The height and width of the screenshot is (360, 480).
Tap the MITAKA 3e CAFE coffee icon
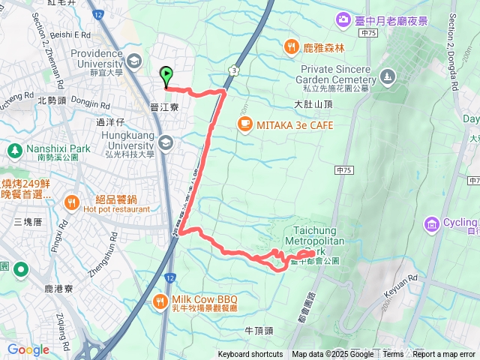coord(244,124)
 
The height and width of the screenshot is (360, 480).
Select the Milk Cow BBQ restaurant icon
coord(160,301)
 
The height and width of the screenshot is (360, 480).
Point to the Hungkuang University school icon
coord(166,142)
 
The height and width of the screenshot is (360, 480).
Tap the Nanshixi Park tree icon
coord(14,150)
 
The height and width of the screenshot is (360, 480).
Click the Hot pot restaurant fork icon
coord(72,201)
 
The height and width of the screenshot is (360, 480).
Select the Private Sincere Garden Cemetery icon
coord(387,76)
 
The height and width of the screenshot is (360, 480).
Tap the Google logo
coord(28,349)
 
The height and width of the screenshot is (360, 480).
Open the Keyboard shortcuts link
coord(250,355)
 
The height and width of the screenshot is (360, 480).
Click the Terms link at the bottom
coord(393,355)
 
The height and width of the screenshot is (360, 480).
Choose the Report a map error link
coord(444,355)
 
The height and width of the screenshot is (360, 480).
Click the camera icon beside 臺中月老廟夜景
coord(343,19)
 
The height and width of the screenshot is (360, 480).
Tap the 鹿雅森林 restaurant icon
coord(291,47)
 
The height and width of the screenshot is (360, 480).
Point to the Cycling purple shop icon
coord(431,223)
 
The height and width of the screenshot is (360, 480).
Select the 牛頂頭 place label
coord(260,330)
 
